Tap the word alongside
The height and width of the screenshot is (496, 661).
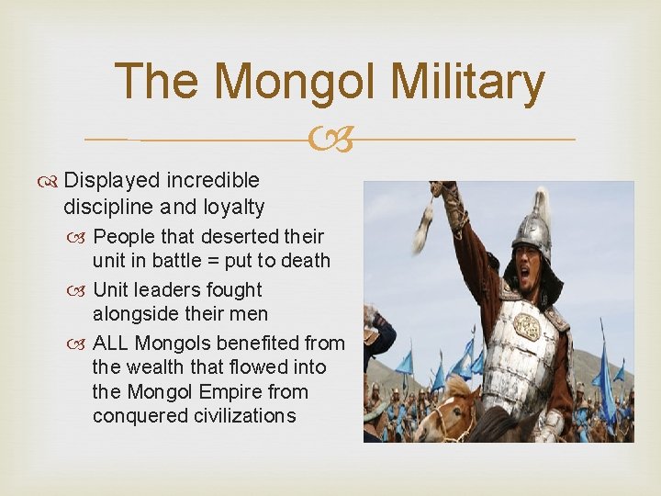[x=135, y=313]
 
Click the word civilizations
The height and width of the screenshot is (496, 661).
[x=240, y=415]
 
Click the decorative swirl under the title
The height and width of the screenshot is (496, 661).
[x=330, y=140]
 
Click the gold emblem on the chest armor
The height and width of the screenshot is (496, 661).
[x=527, y=326]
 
